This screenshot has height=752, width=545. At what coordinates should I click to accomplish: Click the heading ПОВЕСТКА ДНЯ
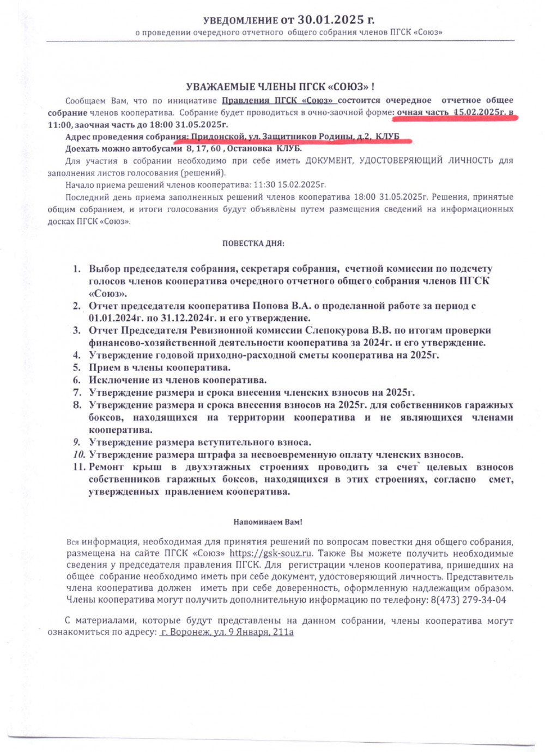[x=253, y=243]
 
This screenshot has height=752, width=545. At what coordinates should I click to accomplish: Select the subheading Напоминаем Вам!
[x=268, y=521]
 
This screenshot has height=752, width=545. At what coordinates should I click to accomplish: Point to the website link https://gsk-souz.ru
[x=271, y=553]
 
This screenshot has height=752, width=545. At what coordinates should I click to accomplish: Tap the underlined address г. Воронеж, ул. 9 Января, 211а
[x=227, y=632]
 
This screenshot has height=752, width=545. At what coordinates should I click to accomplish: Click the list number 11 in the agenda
[x=79, y=467]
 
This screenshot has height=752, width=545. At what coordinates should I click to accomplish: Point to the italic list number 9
[x=77, y=442]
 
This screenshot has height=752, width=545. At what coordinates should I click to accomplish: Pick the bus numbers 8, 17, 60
[x=203, y=148]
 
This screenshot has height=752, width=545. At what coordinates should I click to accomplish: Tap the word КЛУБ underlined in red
[x=387, y=136]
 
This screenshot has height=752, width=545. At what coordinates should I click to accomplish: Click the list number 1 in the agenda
[x=77, y=269]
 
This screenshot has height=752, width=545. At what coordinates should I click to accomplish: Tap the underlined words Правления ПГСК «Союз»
[x=278, y=100]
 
